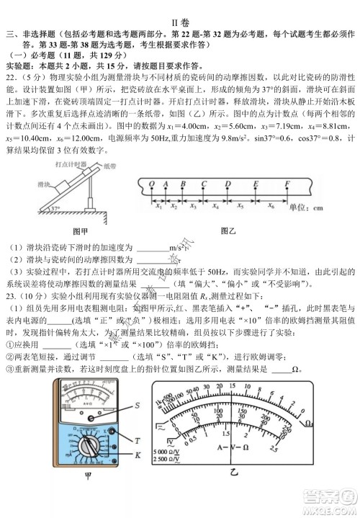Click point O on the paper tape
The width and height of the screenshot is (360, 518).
point(152,183)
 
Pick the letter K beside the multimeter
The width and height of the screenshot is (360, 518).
point(138,455)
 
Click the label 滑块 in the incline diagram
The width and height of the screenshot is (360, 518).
point(42,184)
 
